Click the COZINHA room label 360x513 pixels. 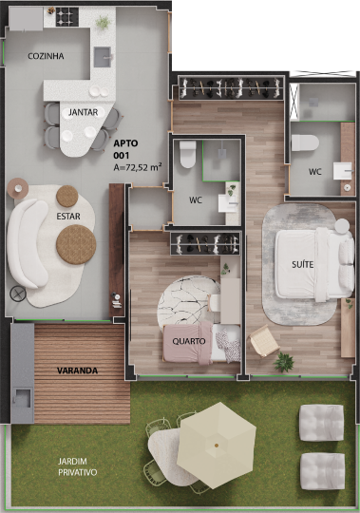(x=46, y=56)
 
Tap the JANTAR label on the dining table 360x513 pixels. (x=83, y=112)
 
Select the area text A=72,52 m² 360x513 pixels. (x=138, y=167)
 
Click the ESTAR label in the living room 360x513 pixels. (x=68, y=217)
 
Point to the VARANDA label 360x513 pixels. (x=77, y=370)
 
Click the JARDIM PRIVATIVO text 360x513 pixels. (x=78, y=466)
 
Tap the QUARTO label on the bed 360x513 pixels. (x=189, y=341)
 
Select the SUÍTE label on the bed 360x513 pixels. (x=303, y=264)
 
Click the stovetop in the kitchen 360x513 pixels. (x=67, y=17)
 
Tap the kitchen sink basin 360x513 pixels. (x=103, y=57)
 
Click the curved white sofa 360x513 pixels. (x=28, y=243)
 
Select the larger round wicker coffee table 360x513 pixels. (x=76, y=244)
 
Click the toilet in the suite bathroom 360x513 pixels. (x=305, y=142)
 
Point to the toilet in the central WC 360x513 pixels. (x=188, y=154)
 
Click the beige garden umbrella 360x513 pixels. (x=217, y=445)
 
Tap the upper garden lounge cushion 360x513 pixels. (x=321, y=423)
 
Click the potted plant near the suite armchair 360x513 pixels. (x=283, y=362)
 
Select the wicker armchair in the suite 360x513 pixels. (x=264, y=341)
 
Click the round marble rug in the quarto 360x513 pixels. (x=189, y=303)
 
